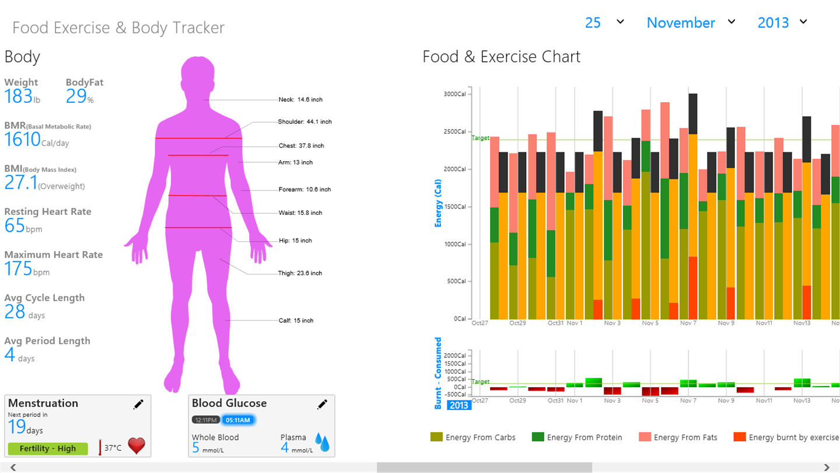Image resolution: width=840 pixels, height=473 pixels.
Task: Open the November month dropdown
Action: pos(681,23)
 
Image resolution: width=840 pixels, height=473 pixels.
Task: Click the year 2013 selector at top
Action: pos(773,23)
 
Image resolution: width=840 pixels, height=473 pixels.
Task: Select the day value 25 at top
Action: pos(593,23)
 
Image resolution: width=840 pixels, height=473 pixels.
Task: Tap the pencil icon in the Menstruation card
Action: pos(138,404)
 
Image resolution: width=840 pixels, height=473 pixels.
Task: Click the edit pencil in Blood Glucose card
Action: pos(322,404)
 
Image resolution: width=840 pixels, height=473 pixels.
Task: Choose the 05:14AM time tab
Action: pos(238,420)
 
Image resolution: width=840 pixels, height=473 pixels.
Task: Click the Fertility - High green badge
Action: pos(48,448)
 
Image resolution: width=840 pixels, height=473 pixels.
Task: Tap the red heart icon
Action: pos(136,446)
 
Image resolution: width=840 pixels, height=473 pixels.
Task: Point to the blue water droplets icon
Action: pos(322,443)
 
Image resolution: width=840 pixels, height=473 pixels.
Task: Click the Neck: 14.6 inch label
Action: pos(300,100)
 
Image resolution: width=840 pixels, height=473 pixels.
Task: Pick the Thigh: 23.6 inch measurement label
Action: pos(300,273)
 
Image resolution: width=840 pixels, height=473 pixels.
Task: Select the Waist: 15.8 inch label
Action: pos(300,213)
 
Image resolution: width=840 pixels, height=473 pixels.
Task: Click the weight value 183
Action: pos(18,96)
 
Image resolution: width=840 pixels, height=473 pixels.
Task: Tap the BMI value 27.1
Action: pos(20,183)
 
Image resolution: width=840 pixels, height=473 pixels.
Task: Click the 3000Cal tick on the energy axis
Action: pos(454,94)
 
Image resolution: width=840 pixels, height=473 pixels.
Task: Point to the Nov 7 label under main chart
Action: pos(688,323)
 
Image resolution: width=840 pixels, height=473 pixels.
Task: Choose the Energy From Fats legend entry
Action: pos(678,437)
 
